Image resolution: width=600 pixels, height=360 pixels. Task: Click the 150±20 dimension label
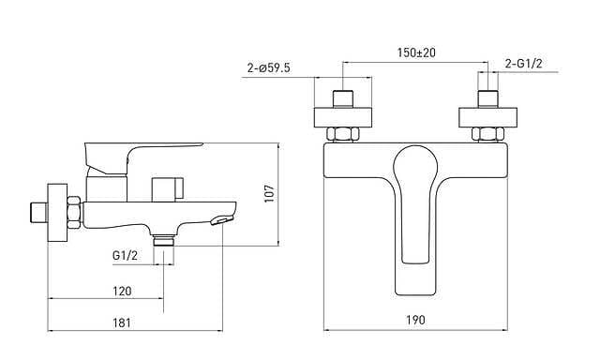tap(416, 52)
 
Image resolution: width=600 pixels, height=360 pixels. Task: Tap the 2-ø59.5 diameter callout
tap(269, 68)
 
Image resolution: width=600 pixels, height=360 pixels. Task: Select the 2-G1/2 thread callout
tap(523, 64)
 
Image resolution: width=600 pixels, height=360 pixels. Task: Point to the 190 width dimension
tap(415, 320)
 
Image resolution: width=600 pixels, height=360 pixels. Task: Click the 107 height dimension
tap(270, 194)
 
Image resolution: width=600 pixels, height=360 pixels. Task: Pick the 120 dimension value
tap(122, 292)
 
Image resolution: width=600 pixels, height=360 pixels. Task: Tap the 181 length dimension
tap(122, 322)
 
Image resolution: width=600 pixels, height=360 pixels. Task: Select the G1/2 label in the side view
tap(125, 255)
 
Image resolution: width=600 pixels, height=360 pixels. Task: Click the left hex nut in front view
tap(343, 134)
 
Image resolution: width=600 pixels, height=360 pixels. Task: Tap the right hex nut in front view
tap(487, 134)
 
